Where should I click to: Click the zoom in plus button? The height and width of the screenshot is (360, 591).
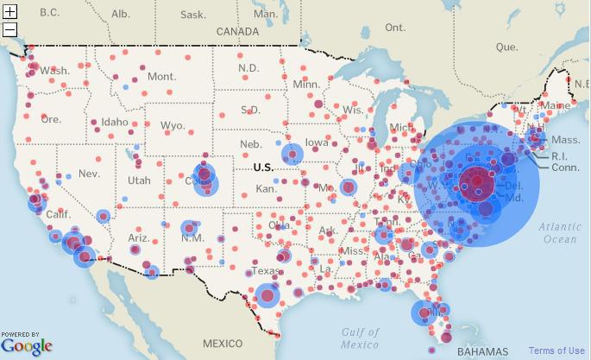(10, 12)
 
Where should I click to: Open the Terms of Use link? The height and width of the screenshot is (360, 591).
(556, 351)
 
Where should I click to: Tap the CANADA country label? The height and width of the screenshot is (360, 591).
(237, 31)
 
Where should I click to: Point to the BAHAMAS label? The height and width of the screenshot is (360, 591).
(483, 352)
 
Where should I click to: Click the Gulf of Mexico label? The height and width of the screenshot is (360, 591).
(360, 338)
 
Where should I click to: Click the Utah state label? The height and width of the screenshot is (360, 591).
(139, 180)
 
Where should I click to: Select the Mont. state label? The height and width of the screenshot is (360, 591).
(161, 77)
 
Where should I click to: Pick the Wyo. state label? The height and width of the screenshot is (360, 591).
(173, 125)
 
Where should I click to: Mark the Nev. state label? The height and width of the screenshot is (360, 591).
(89, 173)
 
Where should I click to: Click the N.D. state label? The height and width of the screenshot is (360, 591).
(248, 68)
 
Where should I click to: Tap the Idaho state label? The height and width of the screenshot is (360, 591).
(115, 122)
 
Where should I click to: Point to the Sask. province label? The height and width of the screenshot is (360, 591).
(192, 15)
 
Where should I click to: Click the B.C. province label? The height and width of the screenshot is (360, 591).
(49, 12)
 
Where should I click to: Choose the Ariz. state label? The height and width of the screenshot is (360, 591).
(139, 237)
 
